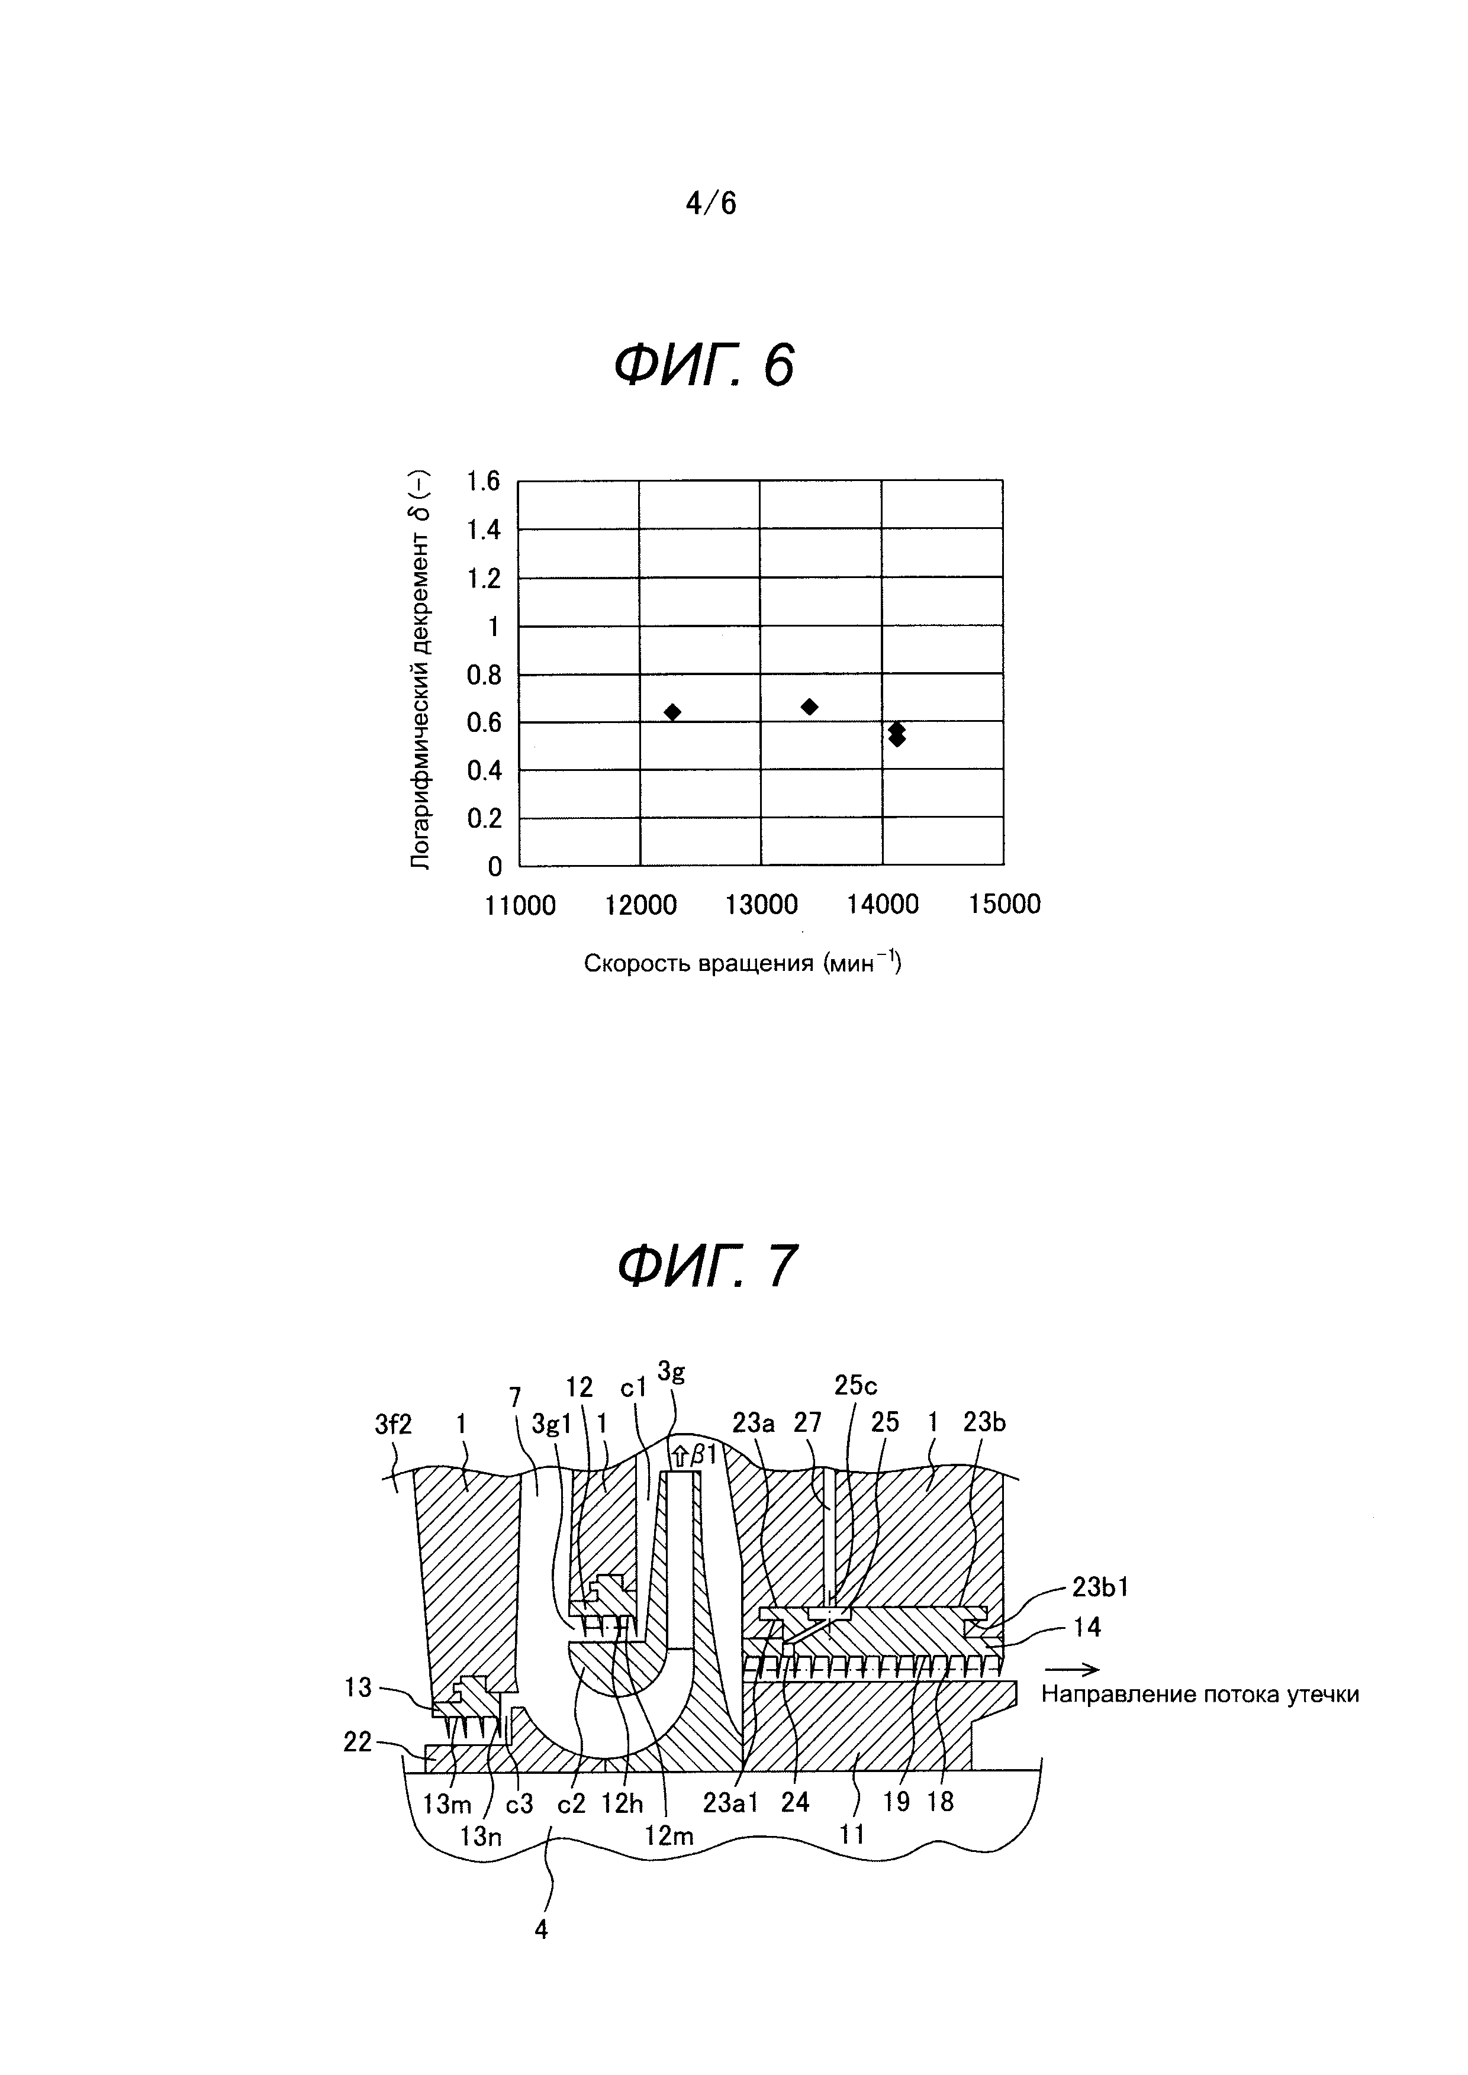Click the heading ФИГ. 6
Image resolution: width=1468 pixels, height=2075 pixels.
pos(704,367)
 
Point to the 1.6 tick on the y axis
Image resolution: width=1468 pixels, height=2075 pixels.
pos(482,481)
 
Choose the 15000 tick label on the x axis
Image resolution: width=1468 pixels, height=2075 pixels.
pos(1005,905)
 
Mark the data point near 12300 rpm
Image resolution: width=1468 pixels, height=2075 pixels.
pos(672,712)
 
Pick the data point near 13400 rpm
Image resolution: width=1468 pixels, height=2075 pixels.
pos(809,706)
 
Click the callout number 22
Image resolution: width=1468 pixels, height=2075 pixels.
pos(358,1741)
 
